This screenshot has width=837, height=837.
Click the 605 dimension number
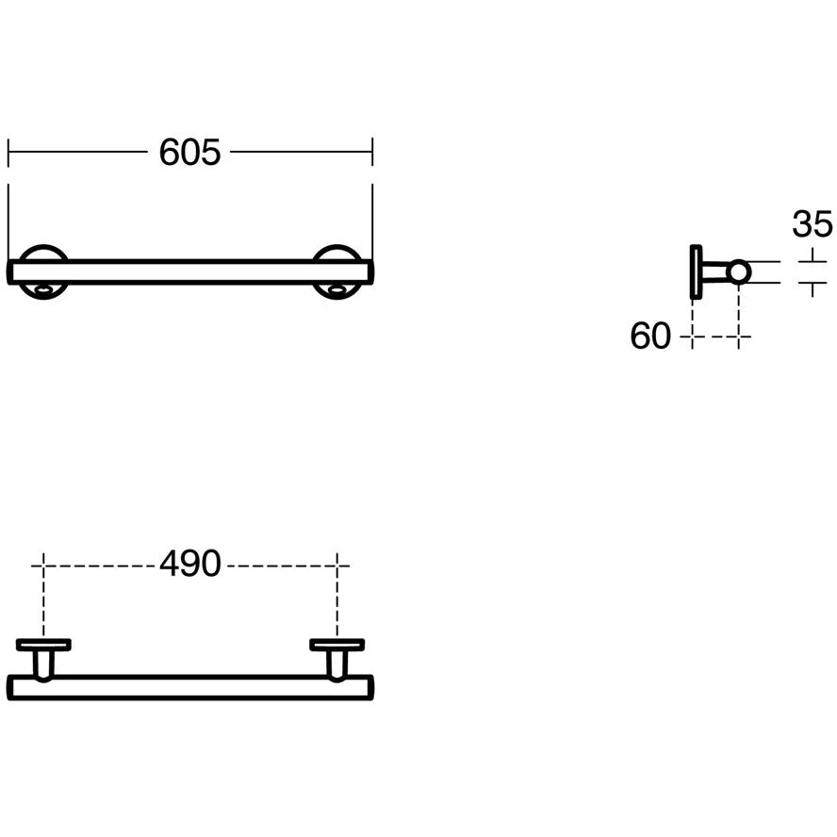[x=189, y=152]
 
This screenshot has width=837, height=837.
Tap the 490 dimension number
[x=190, y=563]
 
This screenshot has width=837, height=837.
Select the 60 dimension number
[x=649, y=336]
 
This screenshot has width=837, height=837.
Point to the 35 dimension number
[x=812, y=223]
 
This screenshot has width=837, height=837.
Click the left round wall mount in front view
[x=43, y=252]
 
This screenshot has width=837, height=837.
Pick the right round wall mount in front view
[x=336, y=252]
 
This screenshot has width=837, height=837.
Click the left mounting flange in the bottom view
[x=43, y=645]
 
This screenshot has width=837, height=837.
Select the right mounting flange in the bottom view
[x=336, y=645]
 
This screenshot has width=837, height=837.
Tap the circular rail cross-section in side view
[x=739, y=271]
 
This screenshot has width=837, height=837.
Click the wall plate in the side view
[x=696, y=271]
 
